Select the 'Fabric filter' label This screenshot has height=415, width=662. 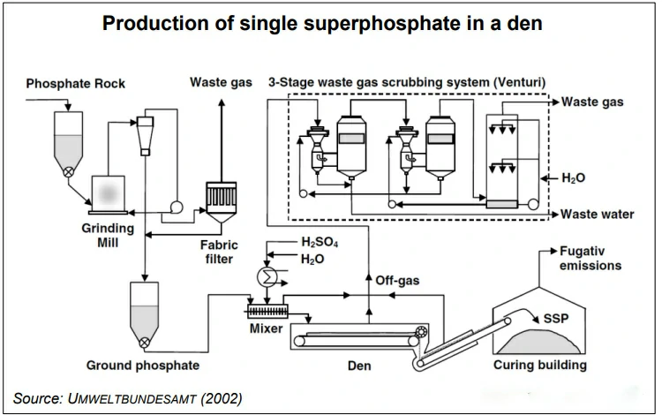[214, 253]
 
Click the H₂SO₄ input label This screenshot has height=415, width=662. [320, 241]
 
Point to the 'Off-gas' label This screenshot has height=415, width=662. [397, 281]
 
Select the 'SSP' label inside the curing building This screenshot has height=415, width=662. [556, 317]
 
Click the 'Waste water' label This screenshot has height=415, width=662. [598, 215]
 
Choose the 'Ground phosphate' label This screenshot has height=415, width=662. [143, 364]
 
